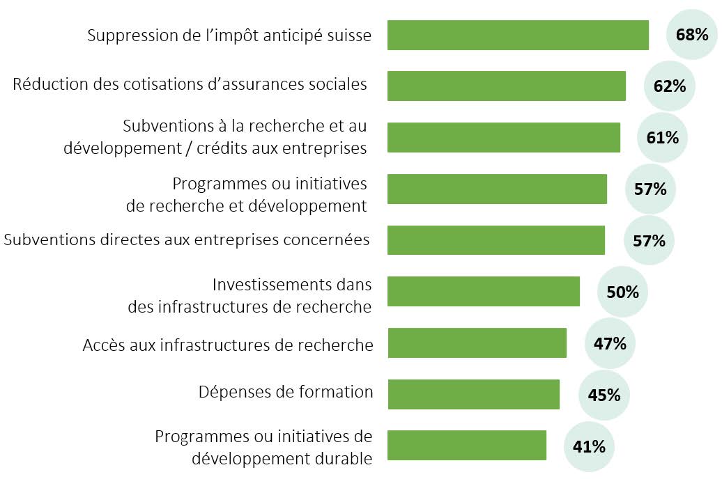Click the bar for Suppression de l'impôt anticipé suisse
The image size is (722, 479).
(x=517, y=35)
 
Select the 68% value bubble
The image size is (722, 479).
(x=692, y=34)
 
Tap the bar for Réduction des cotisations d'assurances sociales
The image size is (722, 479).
(x=506, y=86)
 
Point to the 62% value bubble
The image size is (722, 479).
(x=670, y=86)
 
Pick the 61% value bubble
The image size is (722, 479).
(x=662, y=137)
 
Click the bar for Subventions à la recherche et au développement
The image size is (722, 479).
(x=503, y=137)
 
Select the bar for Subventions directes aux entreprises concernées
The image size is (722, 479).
(x=496, y=240)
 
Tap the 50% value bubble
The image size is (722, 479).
(x=622, y=292)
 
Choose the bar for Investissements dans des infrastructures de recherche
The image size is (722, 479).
(x=483, y=291)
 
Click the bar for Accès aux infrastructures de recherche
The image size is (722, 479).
(x=477, y=343)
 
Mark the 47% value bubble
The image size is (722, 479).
(x=610, y=343)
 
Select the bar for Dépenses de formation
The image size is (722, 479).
(x=473, y=395)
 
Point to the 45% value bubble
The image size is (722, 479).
(x=604, y=395)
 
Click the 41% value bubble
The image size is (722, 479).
(x=588, y=446)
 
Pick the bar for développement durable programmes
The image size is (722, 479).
(x=466, y=446)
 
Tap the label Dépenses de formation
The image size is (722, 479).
(x=286, y=392)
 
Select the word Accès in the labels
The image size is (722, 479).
(x=102, y=345)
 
